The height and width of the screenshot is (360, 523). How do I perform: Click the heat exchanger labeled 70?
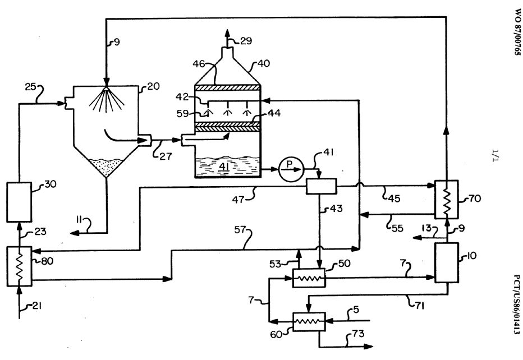click(x=447, y=199)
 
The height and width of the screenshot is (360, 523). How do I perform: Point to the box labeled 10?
click(x=447, y=264)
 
